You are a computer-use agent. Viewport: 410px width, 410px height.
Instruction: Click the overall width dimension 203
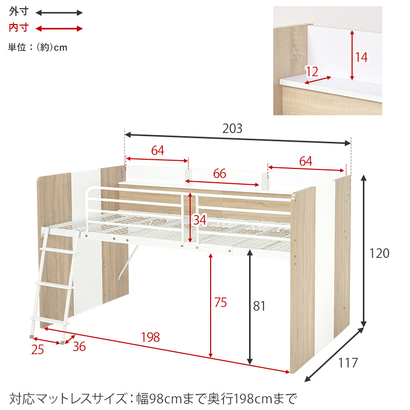[232, 128]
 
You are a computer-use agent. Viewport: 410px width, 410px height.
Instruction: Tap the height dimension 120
[380, 253]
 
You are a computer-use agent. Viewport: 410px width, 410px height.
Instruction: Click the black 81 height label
[260, 306]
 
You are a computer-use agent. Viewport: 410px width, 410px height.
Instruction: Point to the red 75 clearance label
[220, 303]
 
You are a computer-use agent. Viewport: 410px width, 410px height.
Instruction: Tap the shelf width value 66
[219, 174]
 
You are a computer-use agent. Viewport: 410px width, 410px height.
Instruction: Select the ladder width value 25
[37, 350]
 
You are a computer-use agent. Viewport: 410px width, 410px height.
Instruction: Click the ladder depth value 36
[79, 347]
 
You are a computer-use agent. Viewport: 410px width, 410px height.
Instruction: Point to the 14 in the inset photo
[361, 57]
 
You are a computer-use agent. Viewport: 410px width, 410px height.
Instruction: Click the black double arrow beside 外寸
[59, 12]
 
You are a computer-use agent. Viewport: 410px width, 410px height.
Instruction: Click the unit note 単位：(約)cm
[38, 48]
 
